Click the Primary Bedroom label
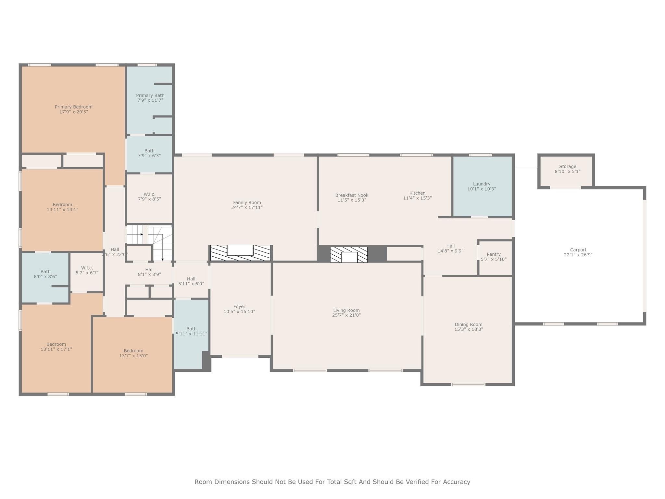73,107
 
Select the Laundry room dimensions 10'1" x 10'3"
481,189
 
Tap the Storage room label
567,166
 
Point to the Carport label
578,250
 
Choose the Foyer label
239,306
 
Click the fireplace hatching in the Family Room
218,253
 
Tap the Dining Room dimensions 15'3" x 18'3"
468,329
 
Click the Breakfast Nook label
352,195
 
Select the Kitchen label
417,193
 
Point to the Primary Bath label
150,96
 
